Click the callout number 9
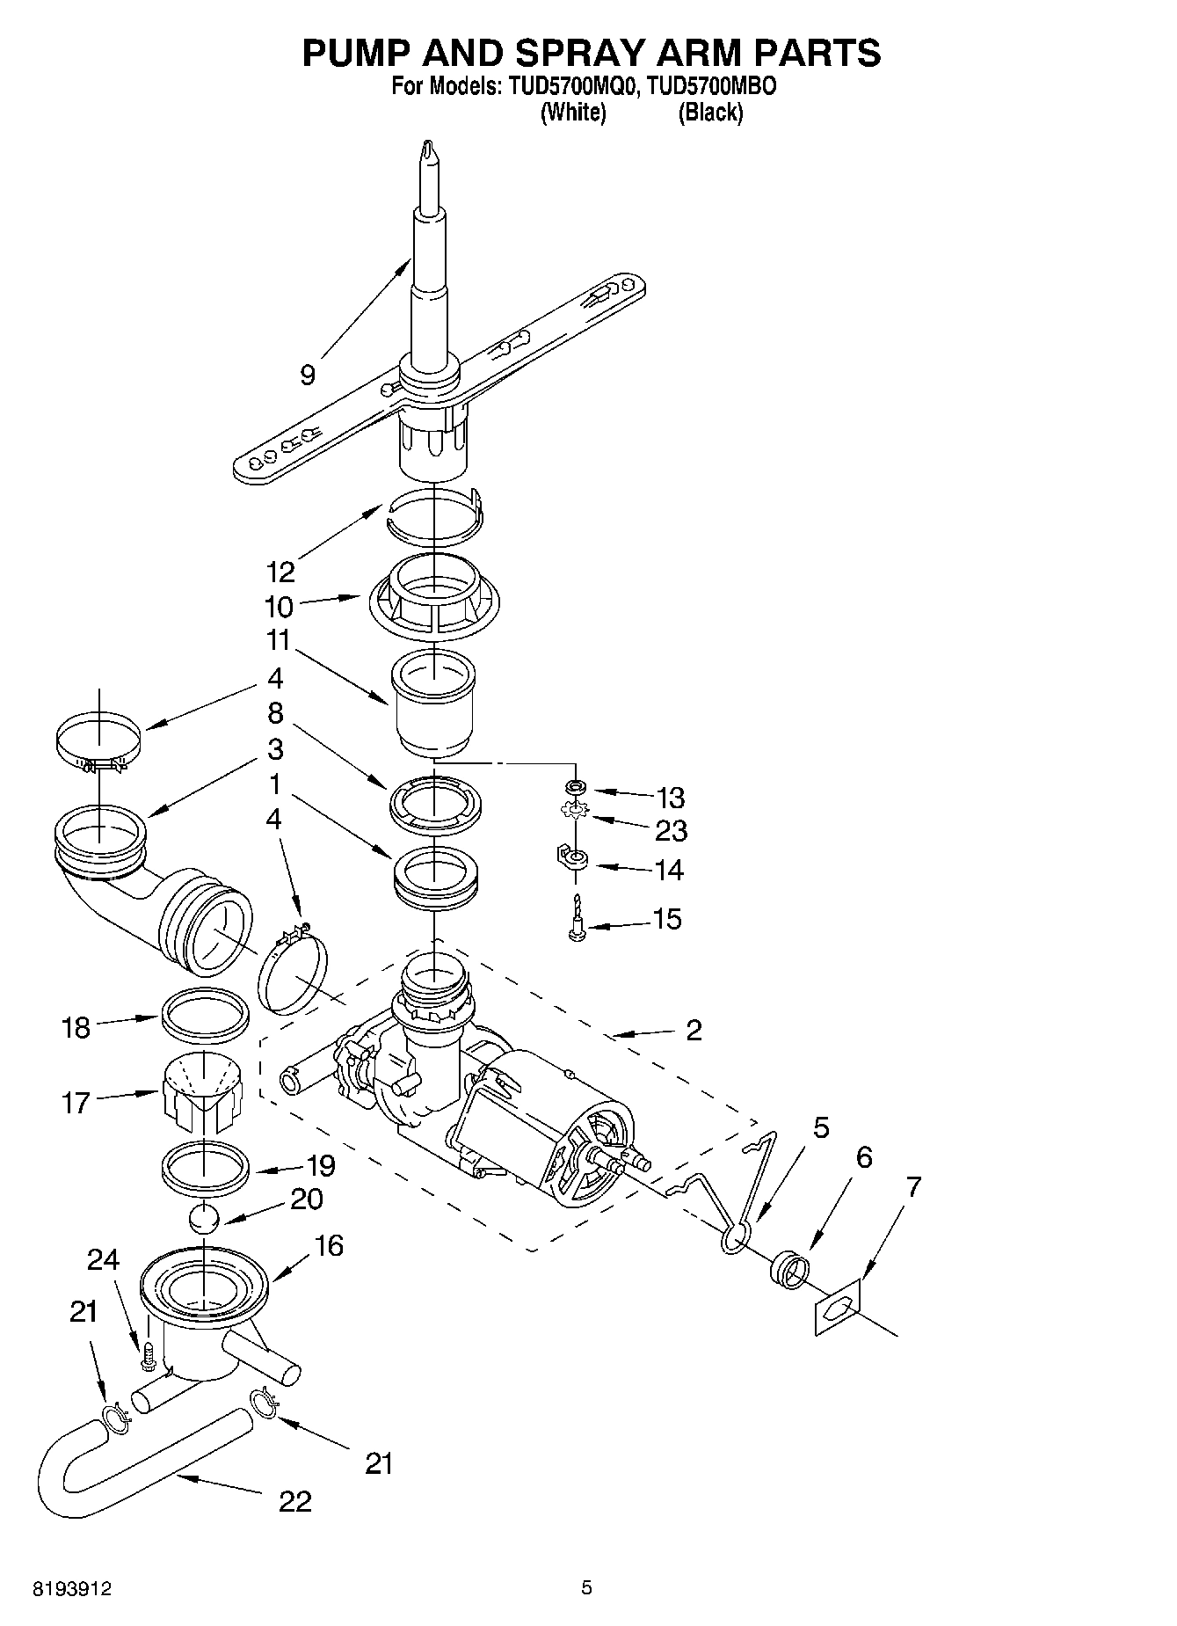(x=307, y=376)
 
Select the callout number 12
(x=281, y=572)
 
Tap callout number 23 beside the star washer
(x=671, y=830)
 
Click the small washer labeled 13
(x=575, y=784)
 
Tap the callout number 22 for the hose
(x=295, y=1501)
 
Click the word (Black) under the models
(x=710, y=113)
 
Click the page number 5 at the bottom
(x=586, y=1588)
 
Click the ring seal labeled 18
(x=203, y=1013)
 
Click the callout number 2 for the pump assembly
(x=694, y=1030)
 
